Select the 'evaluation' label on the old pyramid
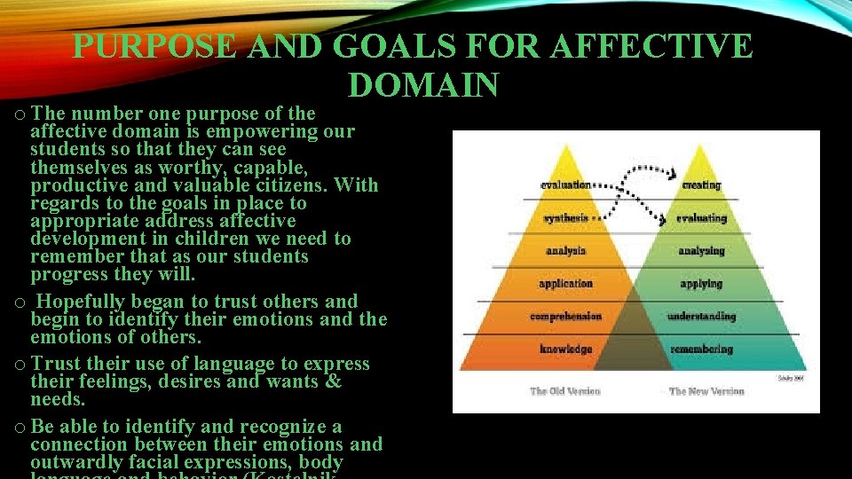565,185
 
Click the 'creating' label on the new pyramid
701,185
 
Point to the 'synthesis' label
565,218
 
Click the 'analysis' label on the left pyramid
565,251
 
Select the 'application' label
565,284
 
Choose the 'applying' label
701,284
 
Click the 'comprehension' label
565,317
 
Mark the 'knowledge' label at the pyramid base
565,349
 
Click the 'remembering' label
701,349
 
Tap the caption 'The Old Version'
565,391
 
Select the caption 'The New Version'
706,391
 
